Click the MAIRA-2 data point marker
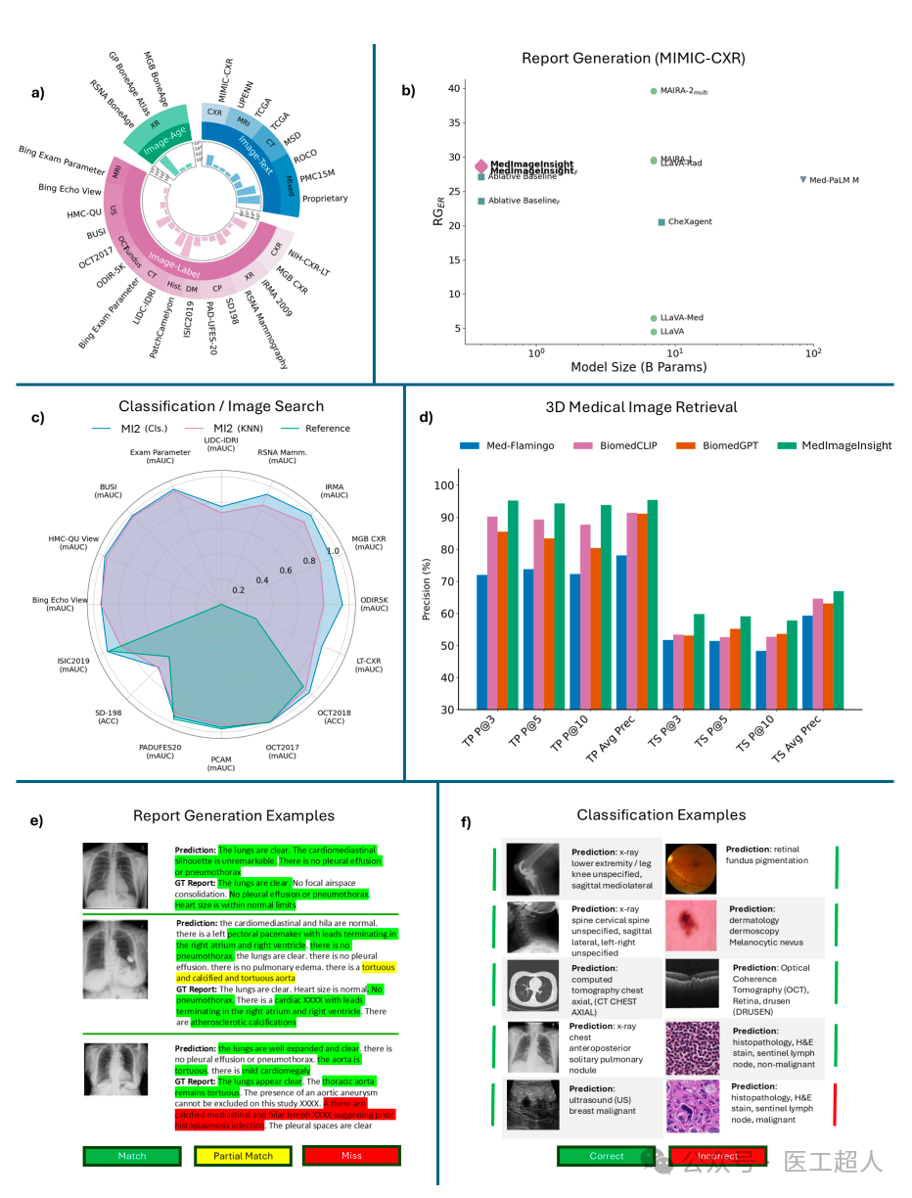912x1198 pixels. point(654,91)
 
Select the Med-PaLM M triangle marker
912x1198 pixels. point(802,180)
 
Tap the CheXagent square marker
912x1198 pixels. point(661,222)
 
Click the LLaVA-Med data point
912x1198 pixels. point(654,318)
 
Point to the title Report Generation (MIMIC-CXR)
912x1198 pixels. point(633,59)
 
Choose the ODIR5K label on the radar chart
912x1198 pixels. point(374,604)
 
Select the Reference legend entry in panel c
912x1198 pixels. point(320,429)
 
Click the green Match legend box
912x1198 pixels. point(132,1155)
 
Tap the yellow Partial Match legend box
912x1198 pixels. point(243,1155)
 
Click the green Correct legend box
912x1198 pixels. point(606,1155)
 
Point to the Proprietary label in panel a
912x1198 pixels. point(326,198)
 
